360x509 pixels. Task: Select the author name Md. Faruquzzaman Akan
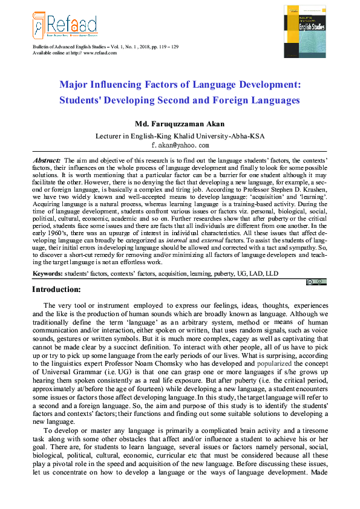180,124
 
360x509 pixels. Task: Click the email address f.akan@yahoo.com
180,145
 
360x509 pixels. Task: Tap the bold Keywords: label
47,274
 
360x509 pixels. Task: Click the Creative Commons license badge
317,282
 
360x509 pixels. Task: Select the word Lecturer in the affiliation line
110,136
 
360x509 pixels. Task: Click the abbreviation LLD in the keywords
272,274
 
